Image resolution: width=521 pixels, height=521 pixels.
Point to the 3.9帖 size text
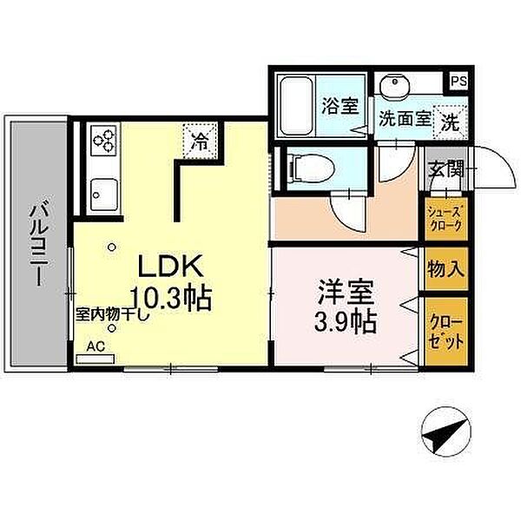[345, 322]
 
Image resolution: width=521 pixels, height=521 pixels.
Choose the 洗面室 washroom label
[404, 121]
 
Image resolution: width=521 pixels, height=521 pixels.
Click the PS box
[458, 82]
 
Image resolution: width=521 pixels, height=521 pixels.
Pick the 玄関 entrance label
[445, 168]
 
